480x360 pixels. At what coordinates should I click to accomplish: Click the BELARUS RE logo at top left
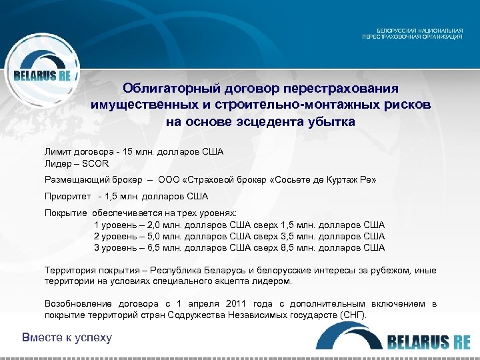pyautogui.click(x=41, y=75)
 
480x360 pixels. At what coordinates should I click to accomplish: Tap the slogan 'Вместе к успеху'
pyautogui.click(x=67, y=337)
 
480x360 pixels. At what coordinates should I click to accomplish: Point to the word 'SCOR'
pyautogui.click(x=96, y=163)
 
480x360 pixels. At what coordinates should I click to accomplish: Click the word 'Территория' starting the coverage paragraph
pyautogui.click(x=67, y=270)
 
